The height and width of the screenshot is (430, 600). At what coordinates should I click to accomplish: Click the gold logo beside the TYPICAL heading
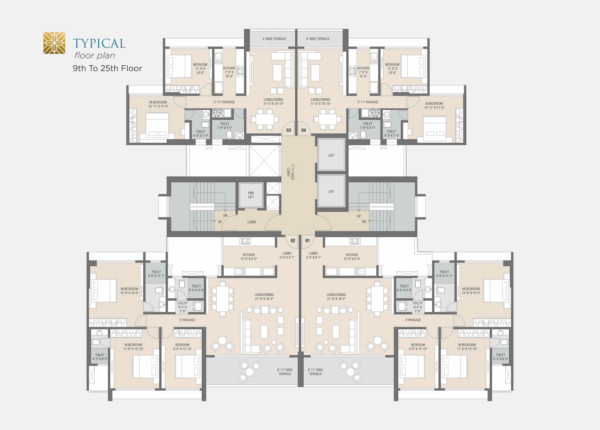54,43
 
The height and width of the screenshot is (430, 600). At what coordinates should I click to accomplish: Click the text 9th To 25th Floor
107,68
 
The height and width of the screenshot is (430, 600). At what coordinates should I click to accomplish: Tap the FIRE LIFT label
251,195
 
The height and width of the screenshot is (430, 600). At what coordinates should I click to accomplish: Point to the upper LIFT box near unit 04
331,155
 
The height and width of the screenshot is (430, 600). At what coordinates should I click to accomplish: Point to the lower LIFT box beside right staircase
331,191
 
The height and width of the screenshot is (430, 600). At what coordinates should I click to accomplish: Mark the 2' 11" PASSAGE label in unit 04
368,102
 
